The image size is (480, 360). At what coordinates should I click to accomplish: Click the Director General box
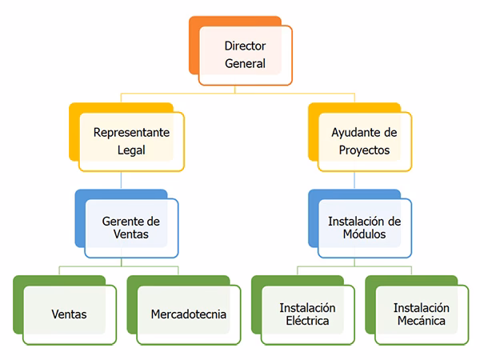click(245, 55)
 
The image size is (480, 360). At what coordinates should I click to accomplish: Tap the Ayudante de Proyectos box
click(364, 142)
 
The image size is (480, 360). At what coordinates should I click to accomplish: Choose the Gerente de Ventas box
click(131, 228)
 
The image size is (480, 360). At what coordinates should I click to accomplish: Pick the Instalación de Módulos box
click(365, 228)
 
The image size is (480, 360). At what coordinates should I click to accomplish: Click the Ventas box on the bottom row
click(69, 314)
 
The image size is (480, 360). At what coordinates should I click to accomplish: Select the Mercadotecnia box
click(189, 314)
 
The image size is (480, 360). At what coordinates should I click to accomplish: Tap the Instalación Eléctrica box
click(307, 314)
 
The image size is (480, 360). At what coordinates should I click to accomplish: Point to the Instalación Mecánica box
click(422, 314)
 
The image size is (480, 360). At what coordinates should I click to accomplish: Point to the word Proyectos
click(364, 150)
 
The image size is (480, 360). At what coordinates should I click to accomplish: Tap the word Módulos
click(365, 235)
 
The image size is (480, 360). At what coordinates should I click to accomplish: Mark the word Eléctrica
click(307, 322)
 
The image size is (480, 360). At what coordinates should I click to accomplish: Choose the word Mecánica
click(422, 322)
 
